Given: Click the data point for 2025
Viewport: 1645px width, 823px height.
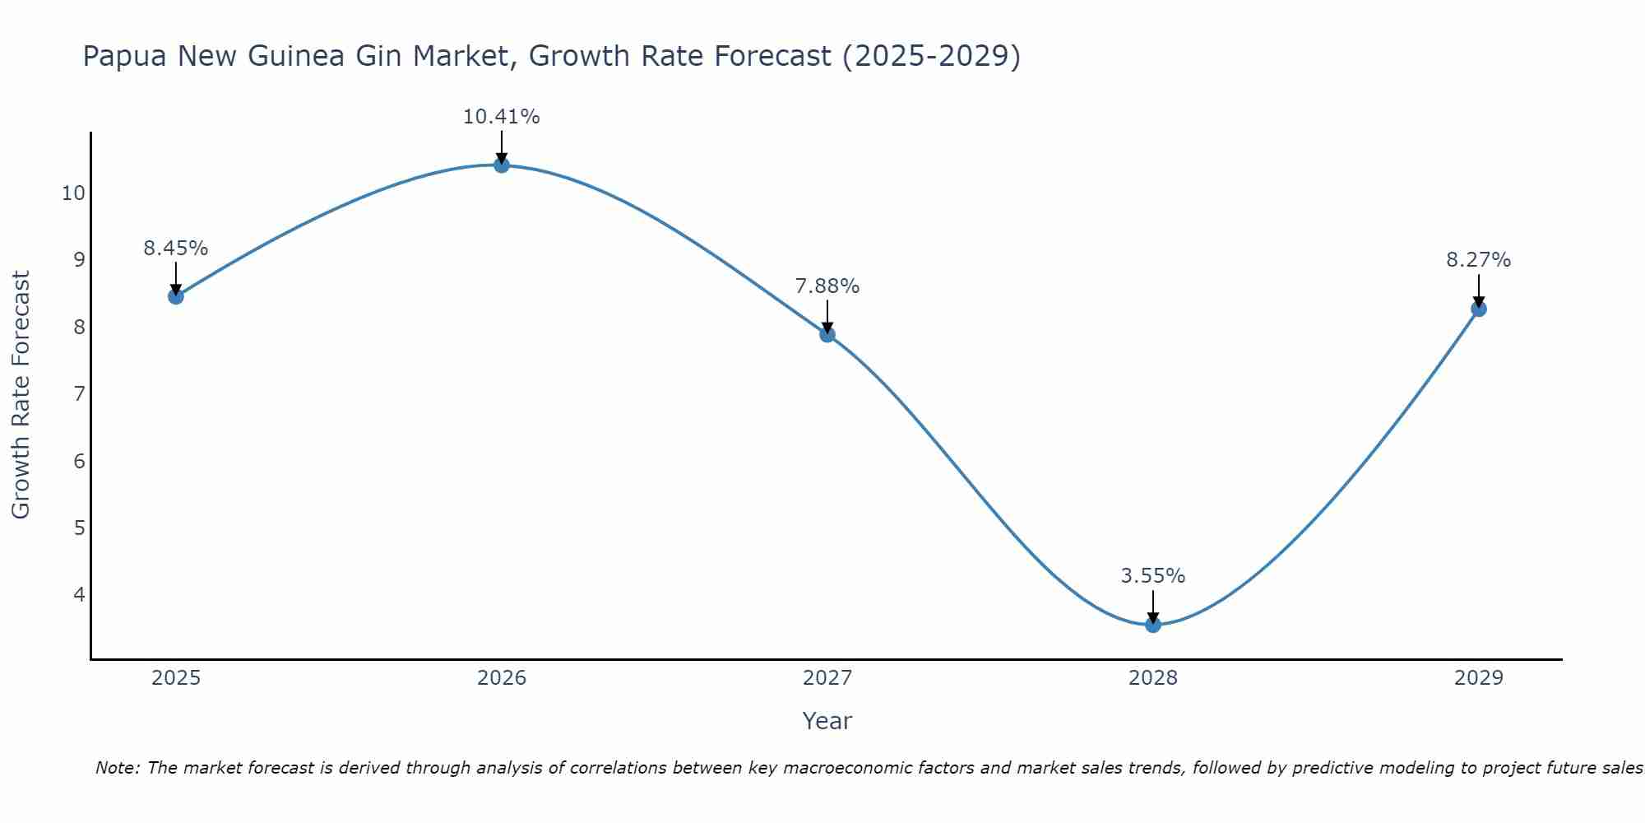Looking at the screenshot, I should pos(176,296).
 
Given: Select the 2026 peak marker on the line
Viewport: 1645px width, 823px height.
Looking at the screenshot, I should pos(502,165).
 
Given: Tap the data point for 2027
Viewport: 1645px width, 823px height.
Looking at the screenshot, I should pos(827,334).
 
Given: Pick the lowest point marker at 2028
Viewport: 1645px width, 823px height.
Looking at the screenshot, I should pos(1153,625).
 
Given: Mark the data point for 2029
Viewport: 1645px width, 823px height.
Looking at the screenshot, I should pos(1479,309).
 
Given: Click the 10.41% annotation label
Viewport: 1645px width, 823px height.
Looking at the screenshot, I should pos(502,117).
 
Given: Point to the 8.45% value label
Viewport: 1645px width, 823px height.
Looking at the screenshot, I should pos(176,248).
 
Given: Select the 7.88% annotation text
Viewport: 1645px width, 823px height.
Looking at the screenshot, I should pos(827,286).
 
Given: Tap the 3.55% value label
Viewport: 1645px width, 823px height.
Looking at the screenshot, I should pos(1153,576).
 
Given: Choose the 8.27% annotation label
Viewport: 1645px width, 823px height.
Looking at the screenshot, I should pos(1479,260).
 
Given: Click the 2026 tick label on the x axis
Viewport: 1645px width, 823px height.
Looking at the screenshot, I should pos(502,678).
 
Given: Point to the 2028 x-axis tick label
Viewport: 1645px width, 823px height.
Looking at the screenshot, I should pos(1153,678).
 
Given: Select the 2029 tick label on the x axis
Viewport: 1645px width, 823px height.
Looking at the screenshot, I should pos(1479,678).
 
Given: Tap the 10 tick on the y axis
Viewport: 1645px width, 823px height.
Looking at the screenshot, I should pos(73,193).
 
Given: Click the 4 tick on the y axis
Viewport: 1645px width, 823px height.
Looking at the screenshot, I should pos(79,594).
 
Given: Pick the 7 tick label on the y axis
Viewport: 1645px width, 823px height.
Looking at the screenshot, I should pos(79,394).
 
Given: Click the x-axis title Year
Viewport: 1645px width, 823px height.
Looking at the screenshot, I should pos(827,721).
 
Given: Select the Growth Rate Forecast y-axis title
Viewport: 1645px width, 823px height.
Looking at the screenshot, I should pos(21,395).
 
